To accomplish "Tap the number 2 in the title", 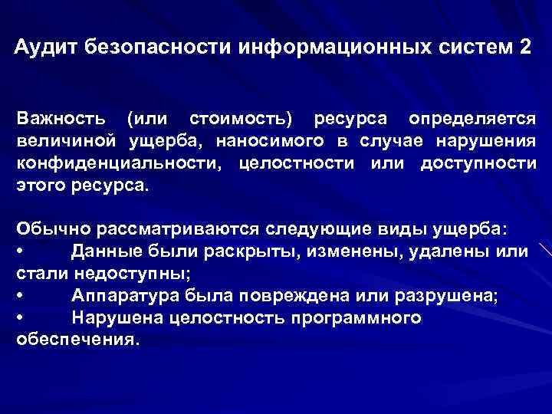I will [x=524, y=47].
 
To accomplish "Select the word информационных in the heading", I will [x=327, y=47].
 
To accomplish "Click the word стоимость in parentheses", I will [x=240, y=120].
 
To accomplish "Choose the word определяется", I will [x=472, y=120].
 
